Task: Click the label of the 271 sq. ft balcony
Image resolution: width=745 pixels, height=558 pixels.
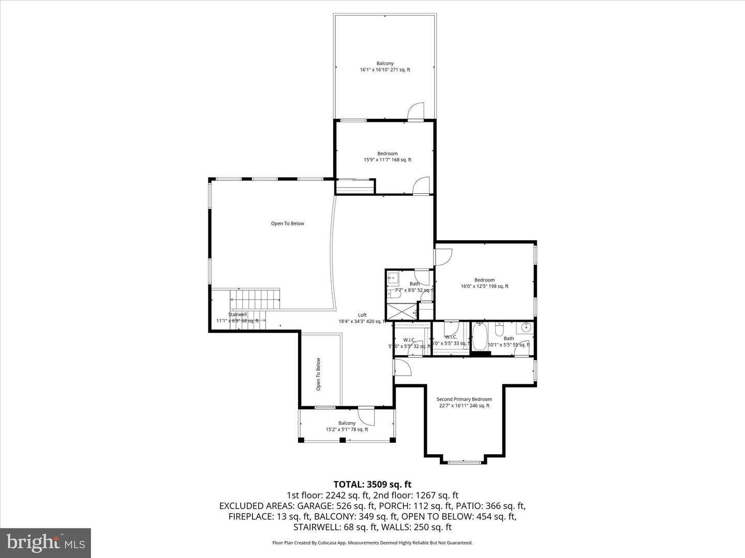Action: (385, 67)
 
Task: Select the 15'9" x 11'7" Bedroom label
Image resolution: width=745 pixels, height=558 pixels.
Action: (387, 157)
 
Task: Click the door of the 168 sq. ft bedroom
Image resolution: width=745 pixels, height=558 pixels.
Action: (422, 185)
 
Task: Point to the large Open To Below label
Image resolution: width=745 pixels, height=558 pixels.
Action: (288, 224)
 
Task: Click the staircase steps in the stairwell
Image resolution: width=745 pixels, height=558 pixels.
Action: (255, 299)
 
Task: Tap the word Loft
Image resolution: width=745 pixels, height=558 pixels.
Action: (362, 315)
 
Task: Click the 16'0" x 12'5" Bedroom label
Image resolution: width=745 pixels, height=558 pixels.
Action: (484, 283)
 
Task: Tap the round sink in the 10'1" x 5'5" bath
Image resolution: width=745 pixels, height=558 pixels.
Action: (526, 327)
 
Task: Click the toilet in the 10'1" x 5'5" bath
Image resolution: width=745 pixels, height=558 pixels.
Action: (499, 329)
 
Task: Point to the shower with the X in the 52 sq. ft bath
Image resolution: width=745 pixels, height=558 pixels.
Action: (402, 311)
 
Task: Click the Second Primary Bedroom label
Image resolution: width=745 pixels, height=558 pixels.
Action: (464, 402)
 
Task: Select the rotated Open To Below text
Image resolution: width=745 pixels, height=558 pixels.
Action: (319, 374)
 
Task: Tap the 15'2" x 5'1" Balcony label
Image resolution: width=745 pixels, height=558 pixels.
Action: (347, 426)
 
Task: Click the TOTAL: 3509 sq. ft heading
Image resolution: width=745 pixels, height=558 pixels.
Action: (373, 484)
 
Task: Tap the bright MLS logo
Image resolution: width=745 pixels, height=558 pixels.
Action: (45, 542)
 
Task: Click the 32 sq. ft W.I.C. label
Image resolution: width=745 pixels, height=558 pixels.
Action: (410, 343)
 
